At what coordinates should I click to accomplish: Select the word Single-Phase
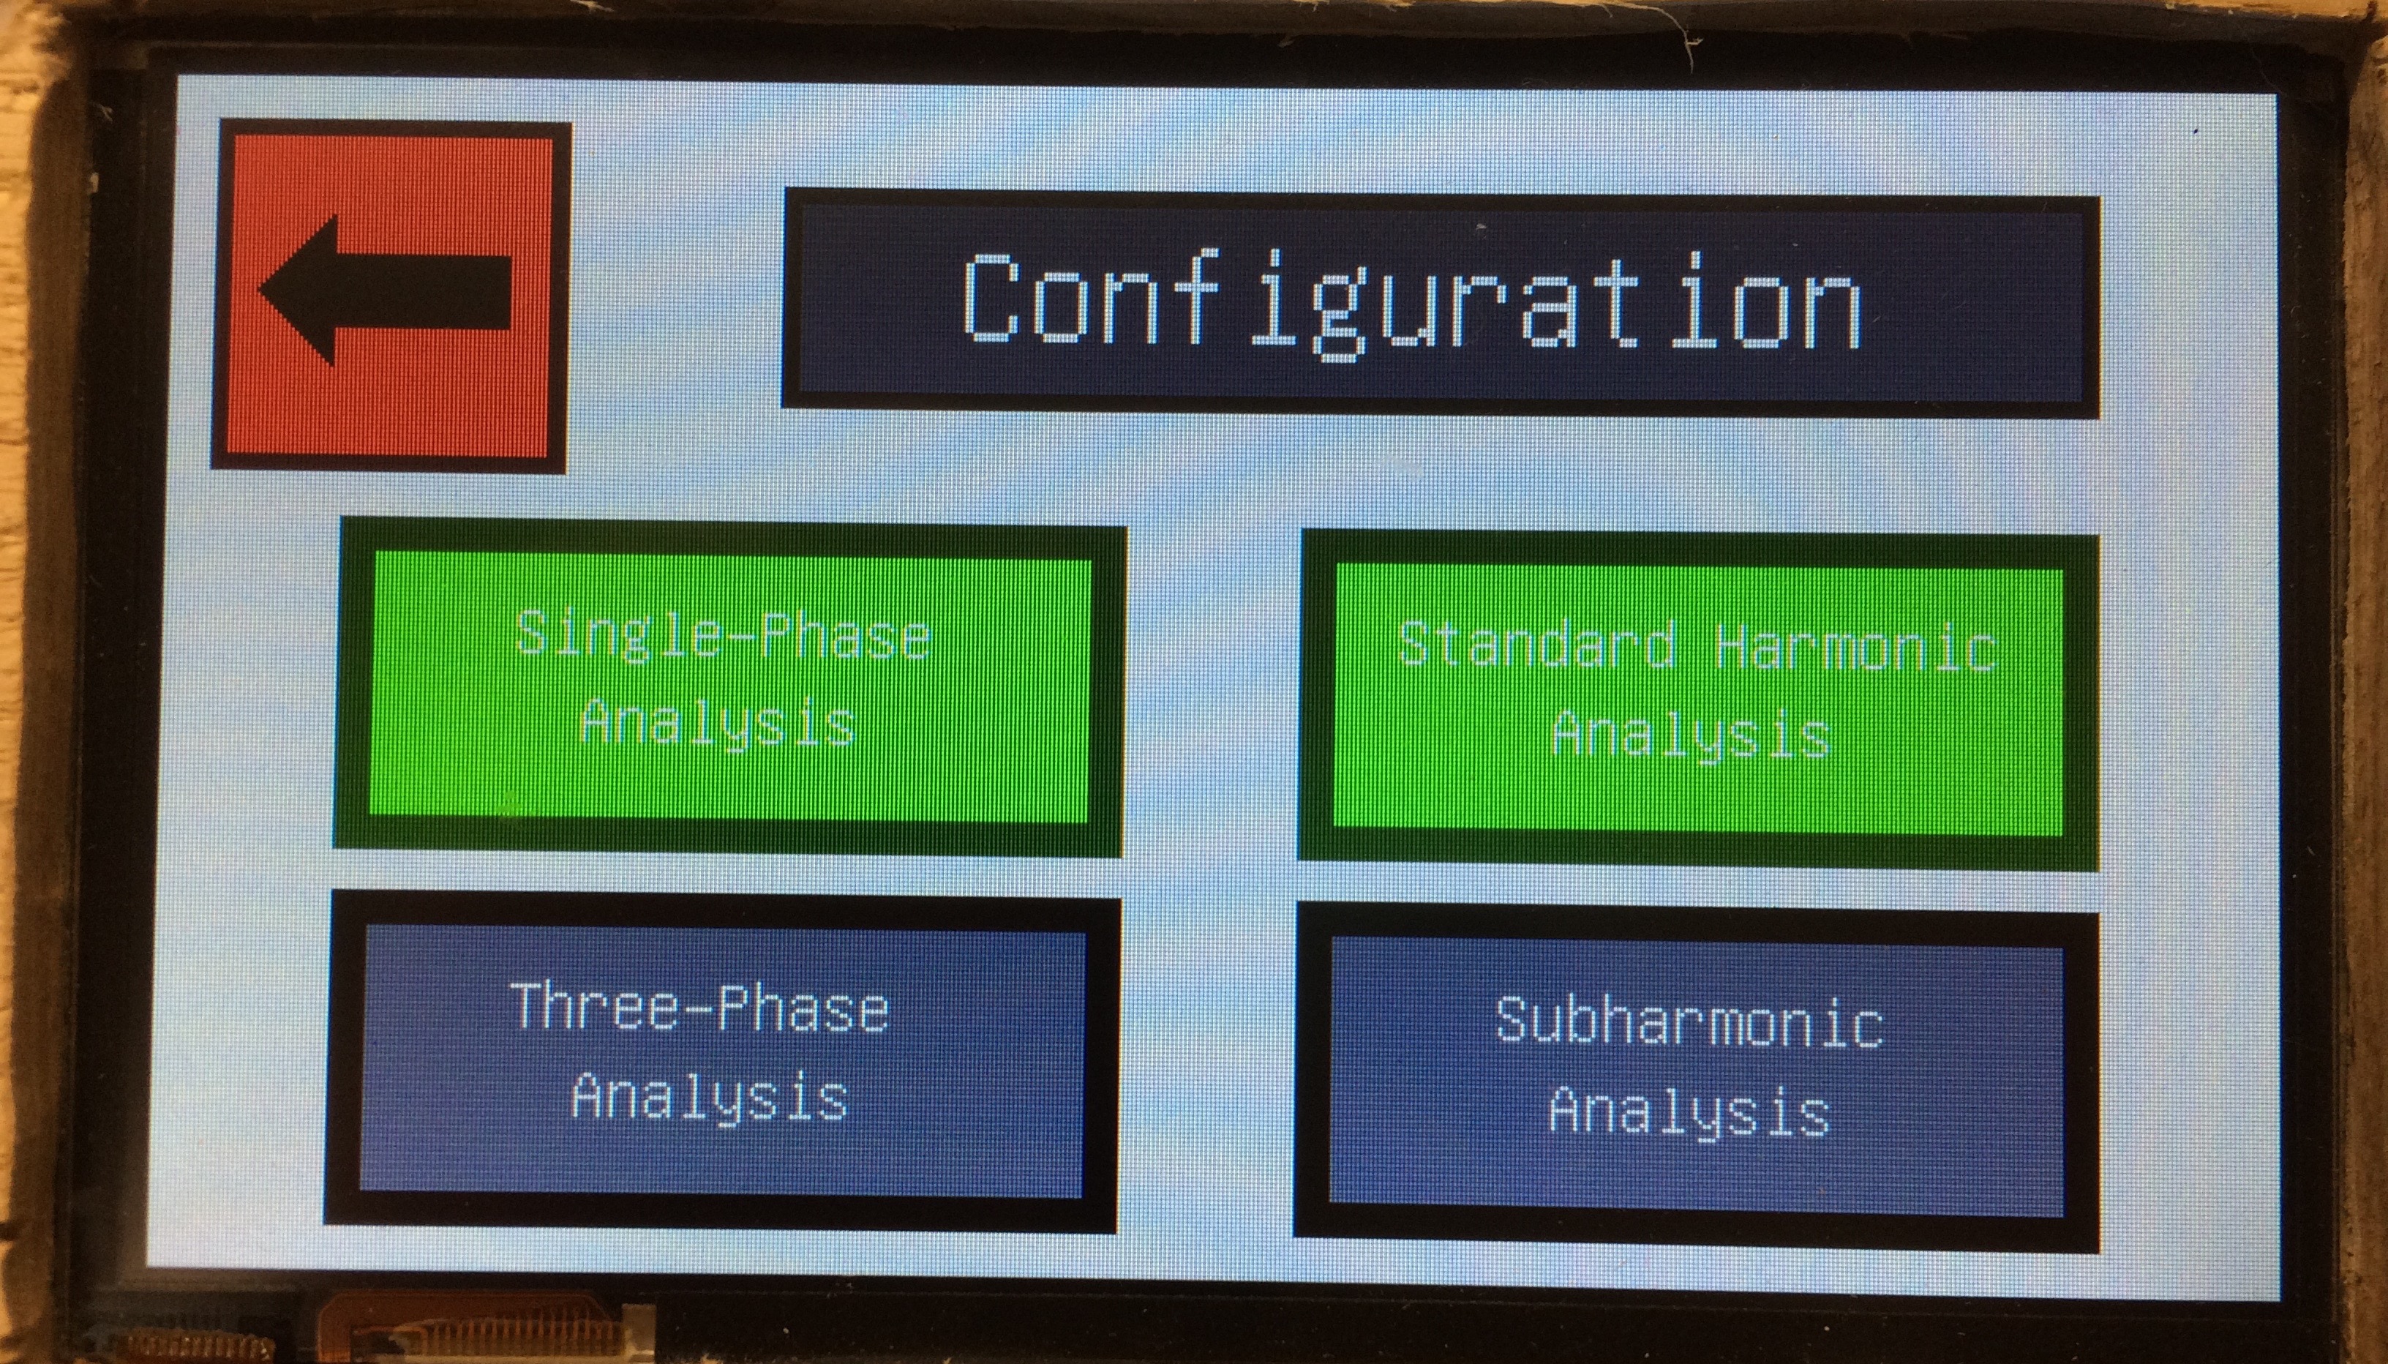(x=722, y=636)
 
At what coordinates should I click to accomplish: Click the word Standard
(x=1536, y=645)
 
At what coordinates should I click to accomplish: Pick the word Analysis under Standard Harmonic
(x=1691, y=735)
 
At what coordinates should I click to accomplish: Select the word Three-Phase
(x=699, y=1008)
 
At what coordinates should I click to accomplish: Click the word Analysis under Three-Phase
(x=710, y=1096)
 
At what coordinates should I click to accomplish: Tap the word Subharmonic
(x=1689, y=1021)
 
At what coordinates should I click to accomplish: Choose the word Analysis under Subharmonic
(x=1689, y=1110)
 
